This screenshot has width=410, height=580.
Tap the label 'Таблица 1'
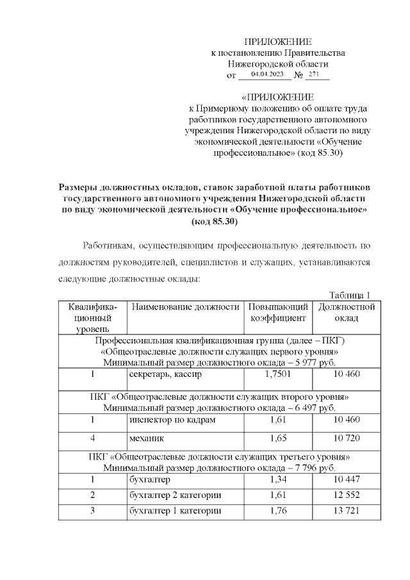tap(350, 295)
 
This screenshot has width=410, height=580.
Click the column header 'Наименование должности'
tap(185, 307)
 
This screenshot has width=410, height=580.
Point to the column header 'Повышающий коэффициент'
tap(278, 312)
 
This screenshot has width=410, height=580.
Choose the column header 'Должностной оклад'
tap(346, 312)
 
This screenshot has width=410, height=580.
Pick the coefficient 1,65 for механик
tap(278, 439)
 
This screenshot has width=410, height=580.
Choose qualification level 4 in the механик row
tap(93, 439)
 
